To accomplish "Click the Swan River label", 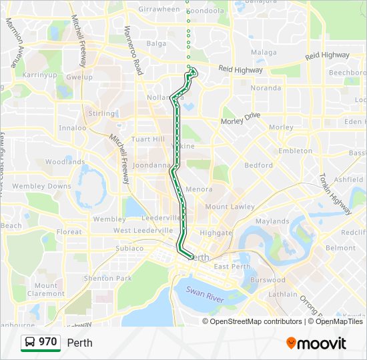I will [204, 294].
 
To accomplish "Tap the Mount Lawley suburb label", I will [230, 207].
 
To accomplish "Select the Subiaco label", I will [129, 248].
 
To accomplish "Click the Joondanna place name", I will [152, 165].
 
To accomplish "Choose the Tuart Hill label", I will [148, 139].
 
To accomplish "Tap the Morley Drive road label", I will [240, 118].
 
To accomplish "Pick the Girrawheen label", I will [159, 9].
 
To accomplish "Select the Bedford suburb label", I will [258, 165].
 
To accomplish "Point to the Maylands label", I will [272, 221].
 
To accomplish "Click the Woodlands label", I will [65, 161].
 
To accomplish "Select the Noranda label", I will [266, 88].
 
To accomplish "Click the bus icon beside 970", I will [30, 342].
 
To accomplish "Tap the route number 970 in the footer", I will [47, 342].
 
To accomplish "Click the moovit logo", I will [316, 343].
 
